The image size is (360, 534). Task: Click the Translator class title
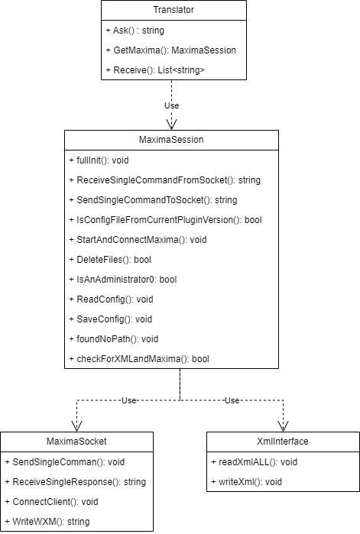click(174, 10)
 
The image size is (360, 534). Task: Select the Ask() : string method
click(135, 31)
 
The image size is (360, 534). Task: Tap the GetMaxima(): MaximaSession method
click(170, 50)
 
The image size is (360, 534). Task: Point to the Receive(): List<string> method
click(155, 70)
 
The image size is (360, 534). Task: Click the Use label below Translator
click(172, 105)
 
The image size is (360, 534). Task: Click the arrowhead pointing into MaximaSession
click(172, 125)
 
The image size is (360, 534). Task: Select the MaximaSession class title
click(171, 140)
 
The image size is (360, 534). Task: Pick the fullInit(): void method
click(99, 160)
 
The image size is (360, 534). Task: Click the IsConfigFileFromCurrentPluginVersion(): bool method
click(166, 220)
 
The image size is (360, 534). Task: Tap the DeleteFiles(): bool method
click(110, 260)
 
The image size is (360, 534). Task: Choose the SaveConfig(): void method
click(110, 319)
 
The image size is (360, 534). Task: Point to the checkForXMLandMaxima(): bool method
click(139, 359)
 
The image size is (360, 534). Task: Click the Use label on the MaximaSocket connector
click(129, 400)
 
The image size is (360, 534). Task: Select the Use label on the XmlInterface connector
click(232, 400)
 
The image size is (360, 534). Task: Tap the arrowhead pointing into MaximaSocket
click(77, 426)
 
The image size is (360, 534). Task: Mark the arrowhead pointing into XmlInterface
click(283, 426)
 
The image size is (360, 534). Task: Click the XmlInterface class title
click(283, 442)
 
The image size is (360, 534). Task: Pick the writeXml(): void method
click(247, 482)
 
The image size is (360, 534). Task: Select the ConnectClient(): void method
click(51, 502)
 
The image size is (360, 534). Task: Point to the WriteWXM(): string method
click(47, 522)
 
